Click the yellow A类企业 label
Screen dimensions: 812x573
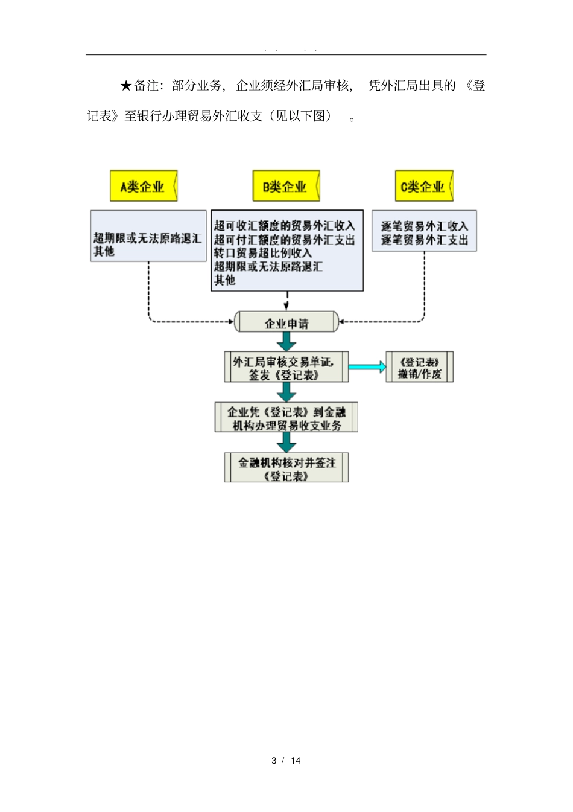point(143,186)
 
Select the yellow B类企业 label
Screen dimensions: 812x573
point(285,186)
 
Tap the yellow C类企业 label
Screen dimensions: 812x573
point(423,186)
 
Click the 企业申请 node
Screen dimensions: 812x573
point(286,323)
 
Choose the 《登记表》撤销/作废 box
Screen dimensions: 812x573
point(419,367)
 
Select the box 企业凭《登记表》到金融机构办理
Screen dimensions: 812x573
point(286,418)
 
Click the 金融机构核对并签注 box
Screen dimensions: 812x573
point(286,468)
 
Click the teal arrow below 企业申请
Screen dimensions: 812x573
point(286,342)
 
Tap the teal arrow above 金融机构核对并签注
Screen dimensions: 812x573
point(286,443)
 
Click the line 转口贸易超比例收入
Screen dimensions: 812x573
point(263,253)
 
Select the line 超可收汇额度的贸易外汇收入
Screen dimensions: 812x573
point(284,226)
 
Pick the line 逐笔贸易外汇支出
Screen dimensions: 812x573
point(425,240)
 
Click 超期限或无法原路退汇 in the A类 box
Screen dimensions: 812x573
point(147,238)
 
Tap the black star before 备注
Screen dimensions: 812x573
point(125,86)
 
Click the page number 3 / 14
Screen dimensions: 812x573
point(286,761)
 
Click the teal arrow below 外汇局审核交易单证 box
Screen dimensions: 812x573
point(286,392)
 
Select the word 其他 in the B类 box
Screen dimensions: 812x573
point(224,280)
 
